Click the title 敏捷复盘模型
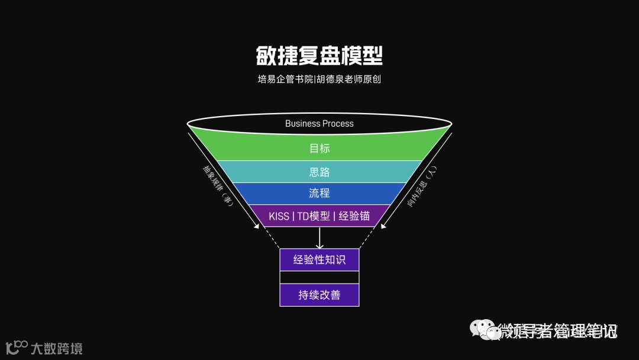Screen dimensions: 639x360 click(319, 56)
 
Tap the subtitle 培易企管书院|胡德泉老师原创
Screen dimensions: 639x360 click(319, 79)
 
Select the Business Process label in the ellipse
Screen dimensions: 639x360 click(319, 124)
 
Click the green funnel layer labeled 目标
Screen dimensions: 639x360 click(319, 148)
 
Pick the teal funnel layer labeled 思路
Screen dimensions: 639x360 click(319, 172)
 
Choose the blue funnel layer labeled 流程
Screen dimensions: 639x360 click(319, 193)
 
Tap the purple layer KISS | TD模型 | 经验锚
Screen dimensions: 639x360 click(319, 216)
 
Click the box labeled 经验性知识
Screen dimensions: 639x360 click(319, 259)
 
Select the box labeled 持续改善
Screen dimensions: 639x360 click(319, 295)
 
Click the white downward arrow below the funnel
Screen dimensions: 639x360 click(319, 238)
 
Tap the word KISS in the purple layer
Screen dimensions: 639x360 click(279, 216)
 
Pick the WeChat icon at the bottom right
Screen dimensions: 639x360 click(483, 330)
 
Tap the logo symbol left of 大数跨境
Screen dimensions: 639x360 click(16, 347)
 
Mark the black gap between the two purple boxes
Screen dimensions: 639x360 click(319, 277)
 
